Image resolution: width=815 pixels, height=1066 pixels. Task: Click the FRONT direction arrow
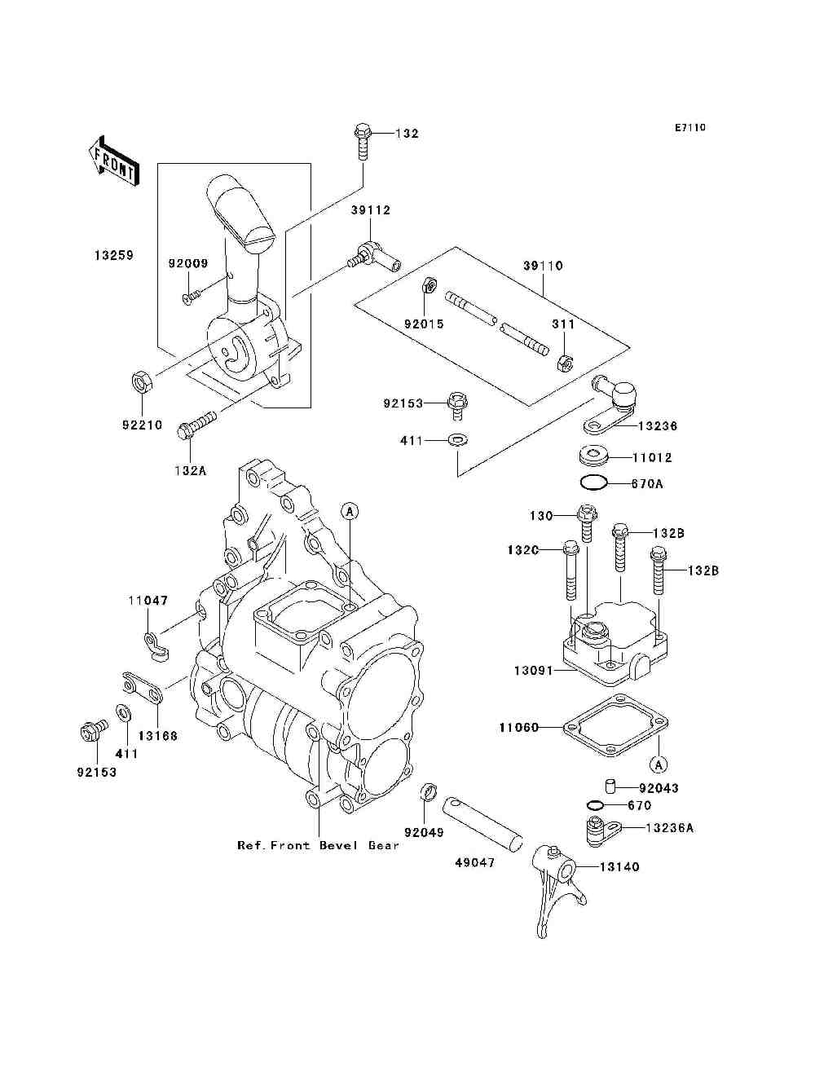point(113,161)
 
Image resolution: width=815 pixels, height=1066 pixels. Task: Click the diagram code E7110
point(689,128)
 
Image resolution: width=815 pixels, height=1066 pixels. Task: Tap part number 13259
point(113,255)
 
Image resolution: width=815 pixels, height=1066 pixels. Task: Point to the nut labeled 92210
point(142,381)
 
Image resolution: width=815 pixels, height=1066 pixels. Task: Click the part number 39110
point(543,266)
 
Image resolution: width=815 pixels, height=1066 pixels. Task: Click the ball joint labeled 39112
point(374,257)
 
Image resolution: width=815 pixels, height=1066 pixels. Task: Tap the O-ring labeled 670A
point(593,483)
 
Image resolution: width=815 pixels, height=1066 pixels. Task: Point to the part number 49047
point(474,863)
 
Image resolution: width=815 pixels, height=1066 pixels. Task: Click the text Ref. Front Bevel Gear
point(318,845)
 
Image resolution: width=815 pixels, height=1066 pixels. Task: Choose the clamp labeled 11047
point(156,646)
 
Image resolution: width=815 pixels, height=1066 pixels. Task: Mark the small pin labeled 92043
point(610,786)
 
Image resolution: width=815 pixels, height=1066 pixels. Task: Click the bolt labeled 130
point(587,524)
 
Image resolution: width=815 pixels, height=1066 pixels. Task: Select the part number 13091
point(534,671)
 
